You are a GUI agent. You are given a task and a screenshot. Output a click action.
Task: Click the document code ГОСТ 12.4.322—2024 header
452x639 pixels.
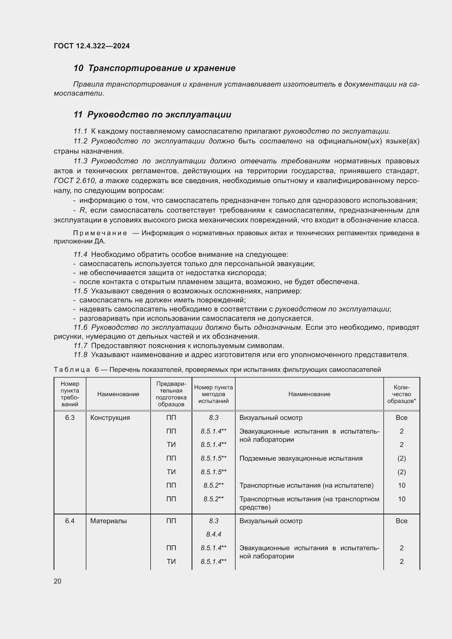(92, 46)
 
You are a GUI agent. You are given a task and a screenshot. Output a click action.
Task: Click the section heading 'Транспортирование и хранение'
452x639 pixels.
(162, 68)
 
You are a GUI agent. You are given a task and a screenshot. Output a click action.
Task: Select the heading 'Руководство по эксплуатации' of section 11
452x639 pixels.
(159, 115)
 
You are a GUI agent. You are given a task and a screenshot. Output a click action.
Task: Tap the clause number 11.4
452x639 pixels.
(80, 254)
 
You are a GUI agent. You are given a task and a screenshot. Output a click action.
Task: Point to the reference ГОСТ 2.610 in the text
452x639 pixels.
(74, 181)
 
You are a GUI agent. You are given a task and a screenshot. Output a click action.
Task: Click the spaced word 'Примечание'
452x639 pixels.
(100, 233)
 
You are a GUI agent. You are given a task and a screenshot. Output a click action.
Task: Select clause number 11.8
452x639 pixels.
(80, 355)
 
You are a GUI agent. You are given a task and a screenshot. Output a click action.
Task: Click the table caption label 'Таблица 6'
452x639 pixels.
(76, 370)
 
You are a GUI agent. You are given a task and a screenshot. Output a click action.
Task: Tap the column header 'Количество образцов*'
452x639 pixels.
(401, 394)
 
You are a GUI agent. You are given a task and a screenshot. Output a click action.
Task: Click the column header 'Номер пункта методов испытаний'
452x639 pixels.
(213, 394)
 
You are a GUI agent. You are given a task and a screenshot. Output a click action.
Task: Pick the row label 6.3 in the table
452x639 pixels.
(70, 418)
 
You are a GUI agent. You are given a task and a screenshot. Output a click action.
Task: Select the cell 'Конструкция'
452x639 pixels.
(110, 418)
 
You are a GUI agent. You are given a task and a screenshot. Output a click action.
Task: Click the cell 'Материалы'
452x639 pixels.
(108, 521)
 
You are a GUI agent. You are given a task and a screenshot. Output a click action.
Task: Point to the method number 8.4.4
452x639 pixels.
(213, 534)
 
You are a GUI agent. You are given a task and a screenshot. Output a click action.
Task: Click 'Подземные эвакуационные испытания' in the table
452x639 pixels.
(301, 458)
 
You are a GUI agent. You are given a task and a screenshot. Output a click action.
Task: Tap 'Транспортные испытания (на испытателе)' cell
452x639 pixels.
(306, 485)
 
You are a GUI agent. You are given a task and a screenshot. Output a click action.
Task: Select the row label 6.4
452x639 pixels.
(70, 521)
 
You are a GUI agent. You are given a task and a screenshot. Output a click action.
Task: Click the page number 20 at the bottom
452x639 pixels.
(57, 581)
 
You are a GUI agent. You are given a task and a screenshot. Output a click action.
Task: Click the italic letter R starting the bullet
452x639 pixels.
(82, 210)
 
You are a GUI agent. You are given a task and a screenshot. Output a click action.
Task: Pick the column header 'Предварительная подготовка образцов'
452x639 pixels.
(171, 394)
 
